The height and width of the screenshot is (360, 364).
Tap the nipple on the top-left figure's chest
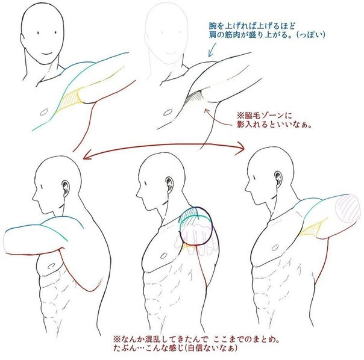[43, 112]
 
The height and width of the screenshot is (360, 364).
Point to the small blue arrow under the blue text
[212, 49]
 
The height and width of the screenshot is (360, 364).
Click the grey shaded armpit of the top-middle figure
[195, 98]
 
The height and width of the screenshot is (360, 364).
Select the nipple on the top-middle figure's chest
[168, 113]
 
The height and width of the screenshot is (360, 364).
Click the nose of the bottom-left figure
[35, 197]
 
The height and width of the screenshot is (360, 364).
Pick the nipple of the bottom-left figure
[51, 266]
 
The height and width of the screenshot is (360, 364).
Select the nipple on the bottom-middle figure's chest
[164, 256]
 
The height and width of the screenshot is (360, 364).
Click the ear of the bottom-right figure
[278, 179]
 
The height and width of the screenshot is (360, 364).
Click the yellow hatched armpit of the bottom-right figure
[311, 229]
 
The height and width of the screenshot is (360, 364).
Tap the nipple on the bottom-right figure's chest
[275, 248]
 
